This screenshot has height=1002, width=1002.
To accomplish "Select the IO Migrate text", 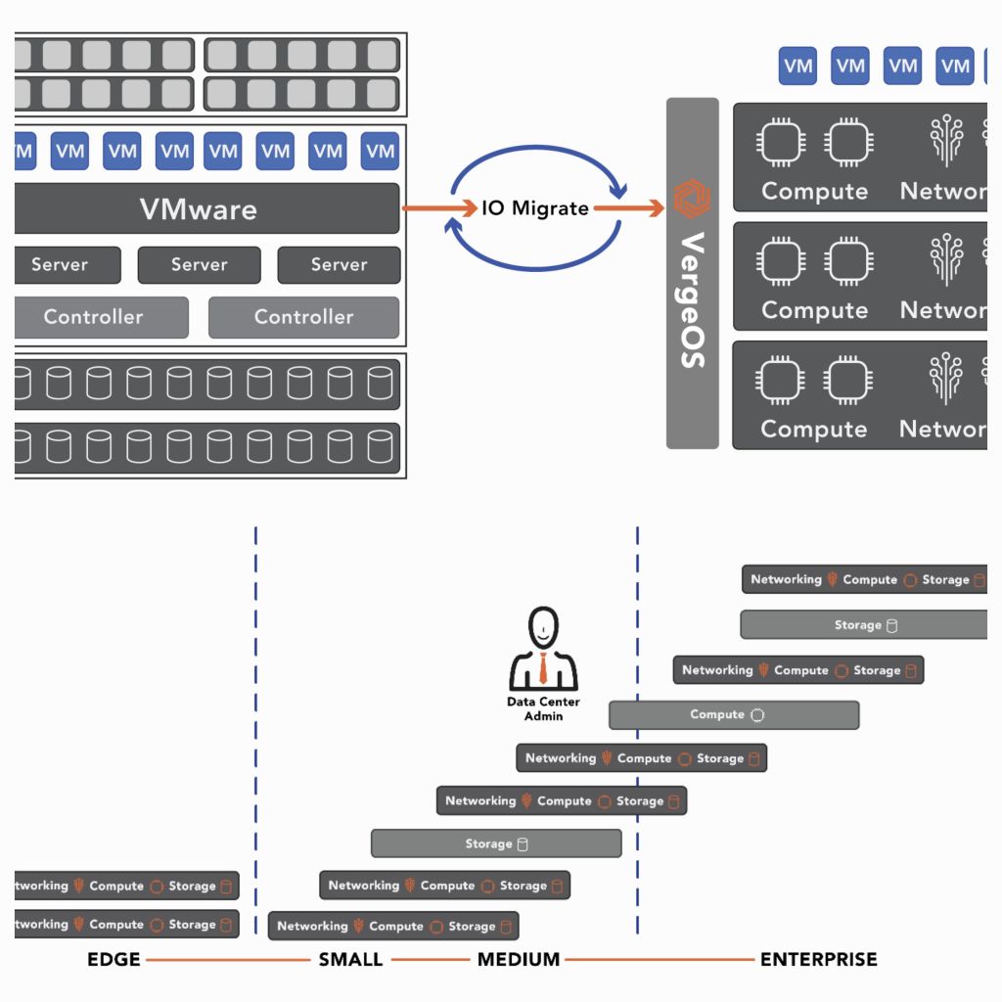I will [x=535, y=208].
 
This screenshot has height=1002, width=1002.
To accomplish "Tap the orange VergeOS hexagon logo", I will [x=692, y=201].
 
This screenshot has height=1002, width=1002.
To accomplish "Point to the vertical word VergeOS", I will [x=692, y=298].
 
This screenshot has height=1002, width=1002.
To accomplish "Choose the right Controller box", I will [x=303, y=317].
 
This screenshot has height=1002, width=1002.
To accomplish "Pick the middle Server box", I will [x=199, y=264].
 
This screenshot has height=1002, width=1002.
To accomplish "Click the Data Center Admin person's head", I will [x=543, y=626].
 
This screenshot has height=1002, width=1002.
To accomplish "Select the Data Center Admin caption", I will [x=543, y=708].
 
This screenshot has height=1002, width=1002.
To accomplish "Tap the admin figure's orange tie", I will [x=543, y=669].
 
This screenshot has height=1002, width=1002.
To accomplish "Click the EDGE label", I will [x=114, y=959].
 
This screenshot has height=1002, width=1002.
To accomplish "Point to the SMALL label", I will [x=350, y=959].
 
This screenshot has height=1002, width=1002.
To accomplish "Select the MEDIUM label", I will [x=519, y=959].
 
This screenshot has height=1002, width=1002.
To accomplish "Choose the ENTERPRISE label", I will [x=818, y=959].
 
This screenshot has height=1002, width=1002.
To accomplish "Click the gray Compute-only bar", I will [x=734, y=715].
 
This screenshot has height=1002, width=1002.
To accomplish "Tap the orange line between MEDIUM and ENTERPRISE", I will [x=660, y=959].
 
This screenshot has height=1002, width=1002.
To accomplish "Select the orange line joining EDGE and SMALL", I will [x=228, y=959].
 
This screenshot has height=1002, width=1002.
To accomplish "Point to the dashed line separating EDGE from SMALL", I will [x=255, y=724].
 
